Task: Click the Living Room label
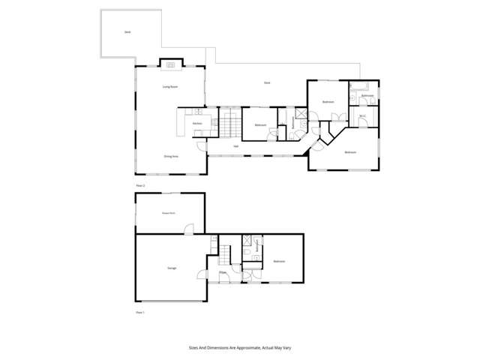click(x=170, y=87)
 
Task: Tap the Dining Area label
click(x=171, y=156)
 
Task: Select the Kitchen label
click(x=197, y=123)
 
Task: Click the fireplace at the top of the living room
click(x=170, y=65)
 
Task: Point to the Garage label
click(x=171, y=268)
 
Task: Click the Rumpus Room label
click(x=169, y=213)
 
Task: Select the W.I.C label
click(x=363, y=116)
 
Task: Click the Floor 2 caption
click(x=139, y=184)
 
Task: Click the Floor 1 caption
click(x=139, y=311)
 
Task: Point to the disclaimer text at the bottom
click(x=240, y=348)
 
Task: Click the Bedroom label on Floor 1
click(x=279, y=261)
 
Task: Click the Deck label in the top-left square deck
click(x=127, y=32)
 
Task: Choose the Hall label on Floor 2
click(x=235, y=145)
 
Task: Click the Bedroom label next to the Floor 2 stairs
click(x=260, y=124)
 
